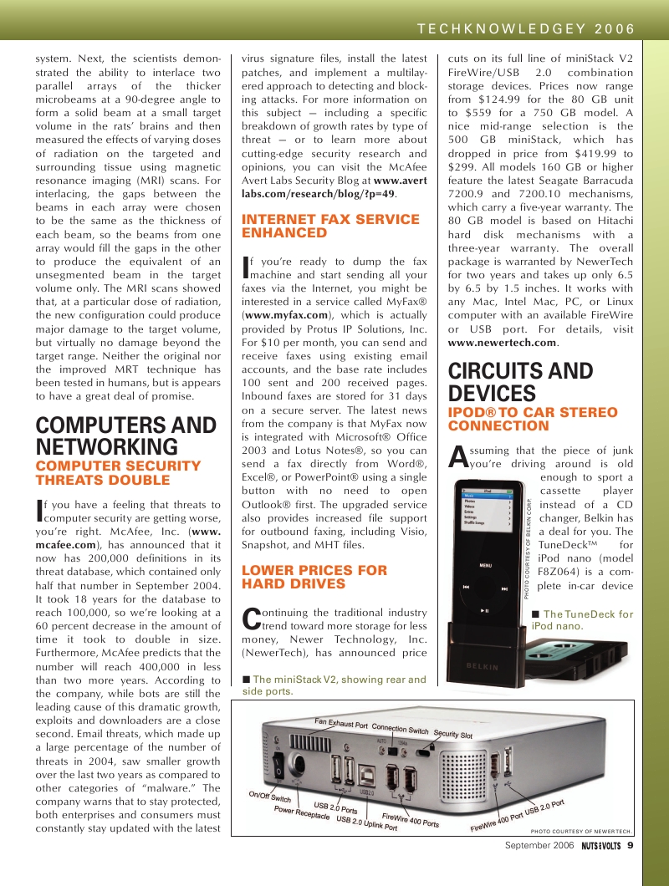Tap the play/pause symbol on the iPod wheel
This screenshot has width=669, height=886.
485,611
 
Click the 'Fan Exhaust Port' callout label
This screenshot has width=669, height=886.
340,723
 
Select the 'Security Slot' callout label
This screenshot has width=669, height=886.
452,734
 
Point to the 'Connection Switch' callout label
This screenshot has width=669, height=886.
400,728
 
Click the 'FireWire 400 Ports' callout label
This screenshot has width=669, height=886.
410,820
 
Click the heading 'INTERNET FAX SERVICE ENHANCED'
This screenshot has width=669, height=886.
330,226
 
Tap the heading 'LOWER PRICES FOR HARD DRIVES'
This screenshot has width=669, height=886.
314,577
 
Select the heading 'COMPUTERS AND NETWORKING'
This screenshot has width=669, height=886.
125,435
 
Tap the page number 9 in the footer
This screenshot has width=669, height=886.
631,846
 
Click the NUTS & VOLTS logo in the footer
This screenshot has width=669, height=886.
600,846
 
